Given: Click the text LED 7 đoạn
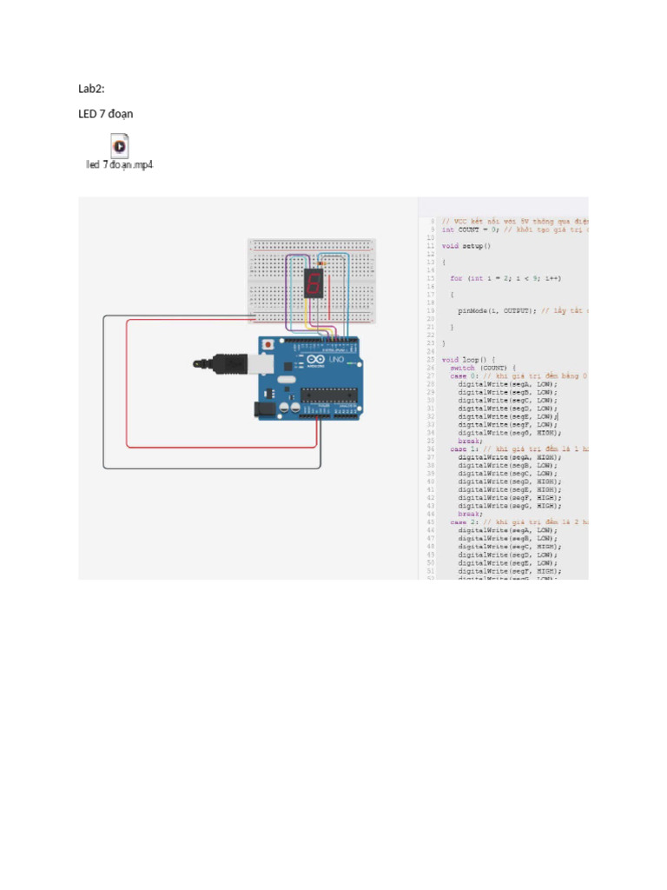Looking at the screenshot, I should (106, 114).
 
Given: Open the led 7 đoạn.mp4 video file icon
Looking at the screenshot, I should (119, 144).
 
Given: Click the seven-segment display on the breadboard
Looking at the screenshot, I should (314, 282).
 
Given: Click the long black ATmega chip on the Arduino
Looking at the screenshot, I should (329, 395).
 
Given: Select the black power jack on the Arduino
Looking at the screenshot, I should (265, 408).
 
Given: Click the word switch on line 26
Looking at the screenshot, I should (462, 368).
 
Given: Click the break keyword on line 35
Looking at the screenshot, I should (470, 441).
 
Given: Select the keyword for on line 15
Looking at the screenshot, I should (455, 278).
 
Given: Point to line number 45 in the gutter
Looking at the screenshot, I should (431, 521).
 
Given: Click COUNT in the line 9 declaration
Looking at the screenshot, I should (470, 230).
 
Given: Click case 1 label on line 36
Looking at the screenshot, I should (460, 448).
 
